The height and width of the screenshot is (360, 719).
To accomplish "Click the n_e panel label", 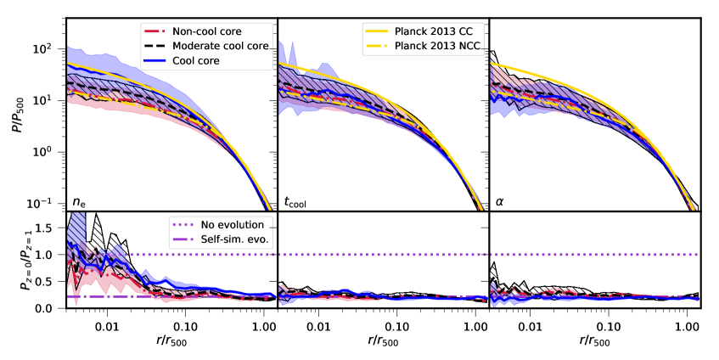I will pos(79,202).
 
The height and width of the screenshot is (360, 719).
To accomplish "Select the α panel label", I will pos(501,202).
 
